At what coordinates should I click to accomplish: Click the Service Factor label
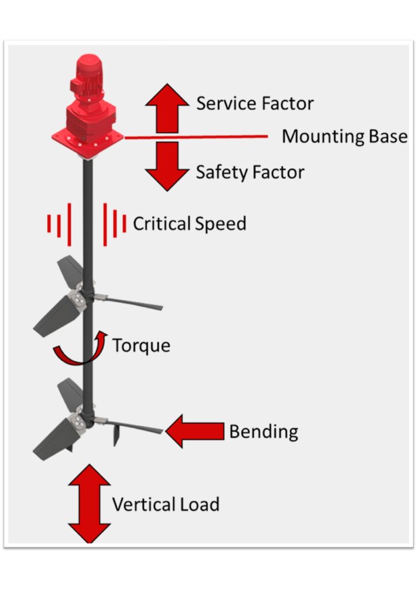tap(255, 104)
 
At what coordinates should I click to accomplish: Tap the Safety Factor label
tap(250, 172)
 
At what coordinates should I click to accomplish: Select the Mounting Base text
tap(344, 137)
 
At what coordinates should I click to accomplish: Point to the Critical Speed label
tap(189, 224)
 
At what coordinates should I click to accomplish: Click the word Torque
tap(141, 346)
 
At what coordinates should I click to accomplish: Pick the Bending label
tap(264, 432)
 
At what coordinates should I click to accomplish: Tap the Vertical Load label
tap(166, 505)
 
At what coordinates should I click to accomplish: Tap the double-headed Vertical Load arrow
tap(89, 505)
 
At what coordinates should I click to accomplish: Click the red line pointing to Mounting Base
tap(196, 137)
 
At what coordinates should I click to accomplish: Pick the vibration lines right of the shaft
tap(115, 224)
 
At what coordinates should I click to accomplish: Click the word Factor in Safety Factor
tap(276, 172)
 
